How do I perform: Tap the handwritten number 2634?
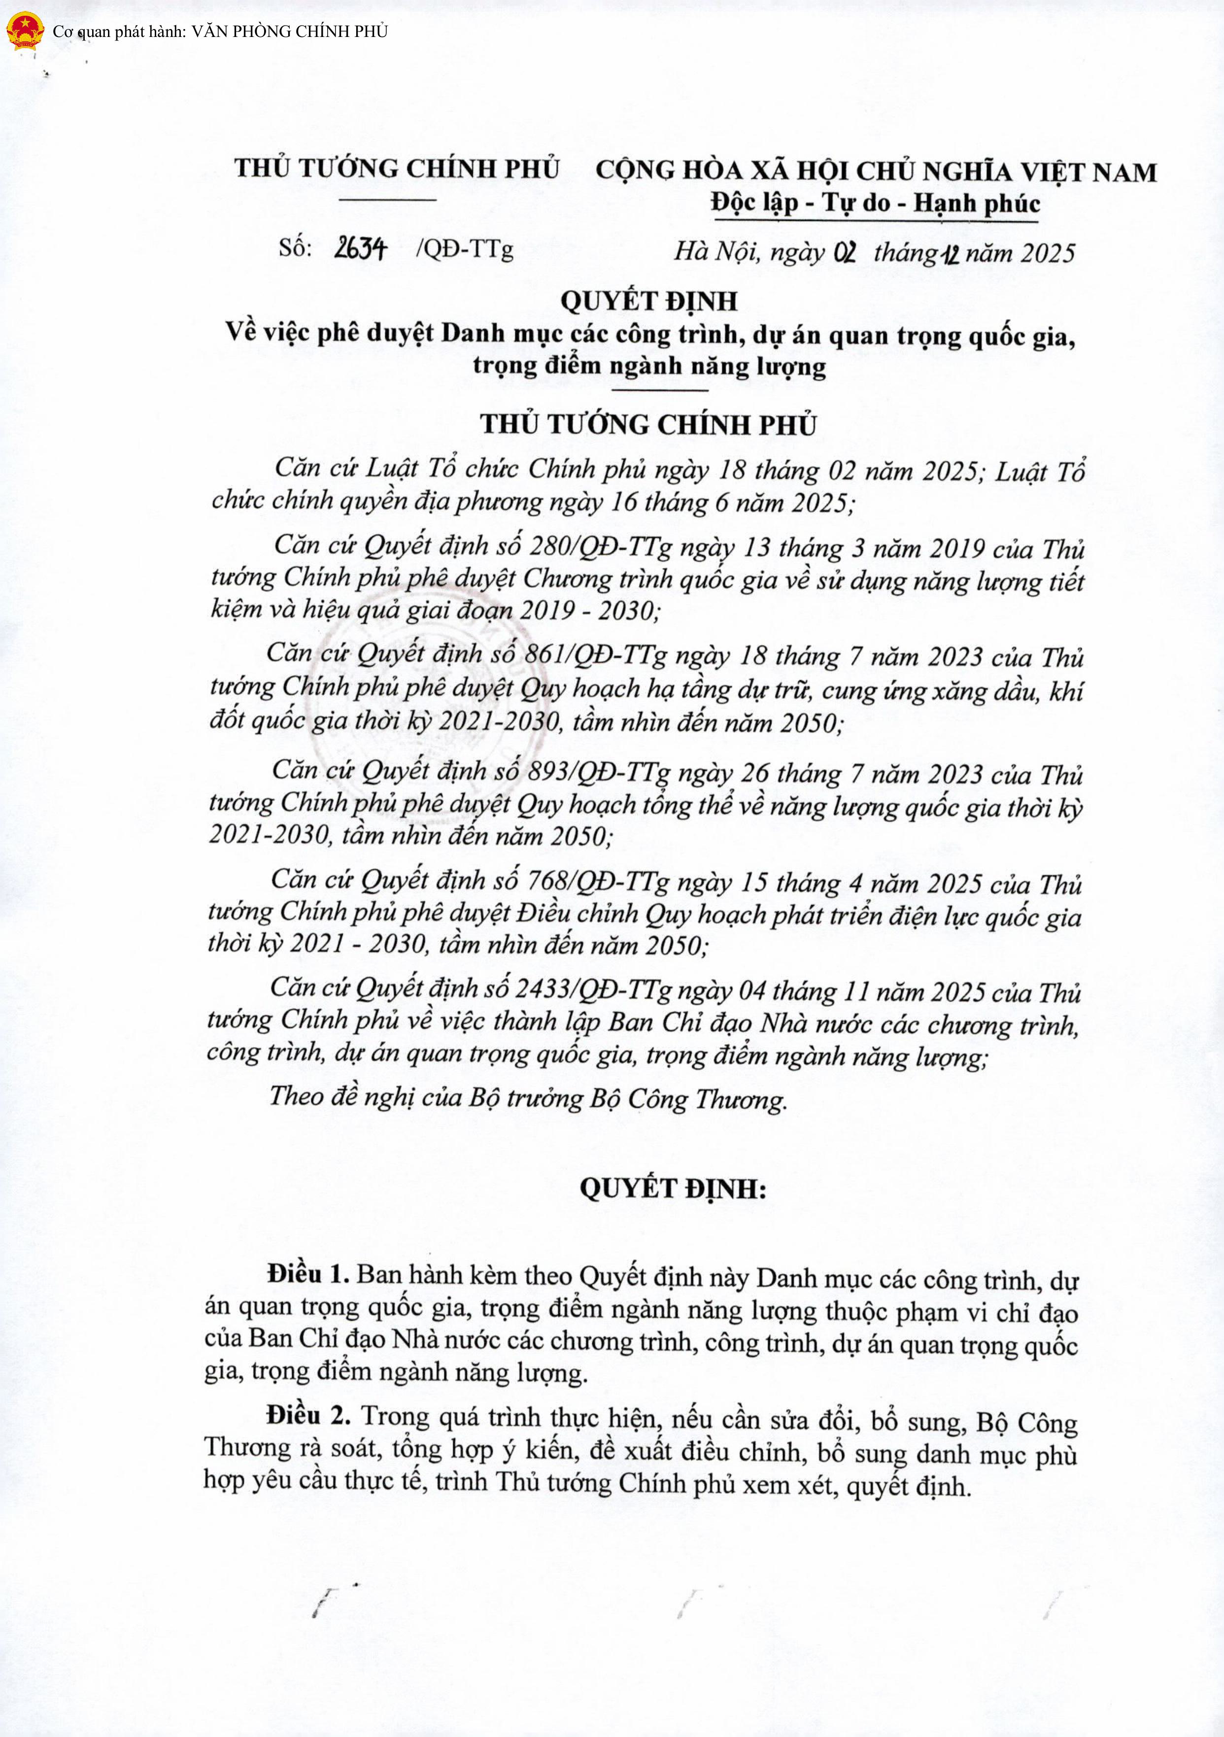(x=360, y=248)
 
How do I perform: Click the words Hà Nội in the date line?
(x=717, y=251)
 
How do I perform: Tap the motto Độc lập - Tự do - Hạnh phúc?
(x=875, y=204)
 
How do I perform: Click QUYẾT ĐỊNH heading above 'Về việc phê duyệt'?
(x=649, y=301)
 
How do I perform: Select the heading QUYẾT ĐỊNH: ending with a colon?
(x=673, y=1189)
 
